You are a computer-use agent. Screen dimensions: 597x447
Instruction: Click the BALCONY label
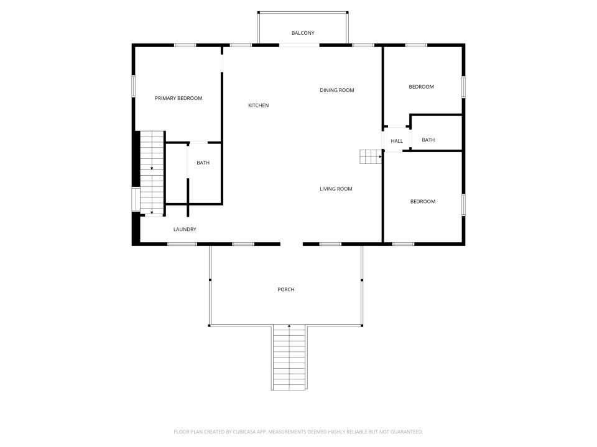click(x=303, y=33)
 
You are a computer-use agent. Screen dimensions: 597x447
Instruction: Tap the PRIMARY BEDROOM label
click(x=178, y=98)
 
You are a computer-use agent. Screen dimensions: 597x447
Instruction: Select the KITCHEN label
click(x=259, y=106)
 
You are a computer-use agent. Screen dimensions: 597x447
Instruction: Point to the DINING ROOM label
click(x=337, y=90)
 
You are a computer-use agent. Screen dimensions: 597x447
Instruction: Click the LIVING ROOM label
click(x=336, y=189)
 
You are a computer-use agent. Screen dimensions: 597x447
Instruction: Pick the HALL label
click(x=397, y=141)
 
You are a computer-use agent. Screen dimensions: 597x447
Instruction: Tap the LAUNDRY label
click(x=185, y=229)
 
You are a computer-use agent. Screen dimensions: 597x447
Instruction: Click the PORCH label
click(x=286, y=289)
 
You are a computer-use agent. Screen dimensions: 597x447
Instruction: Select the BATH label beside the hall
click(x=428, y=140)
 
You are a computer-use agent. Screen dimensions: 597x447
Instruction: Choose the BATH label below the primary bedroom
click(x=203, y=163)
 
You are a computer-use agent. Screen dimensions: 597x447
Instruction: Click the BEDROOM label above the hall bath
click(x=422, y=87)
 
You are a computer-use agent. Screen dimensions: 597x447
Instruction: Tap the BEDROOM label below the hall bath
click(x=423, y=201)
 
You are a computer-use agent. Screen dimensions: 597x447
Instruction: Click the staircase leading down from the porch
click(x=289, y=358)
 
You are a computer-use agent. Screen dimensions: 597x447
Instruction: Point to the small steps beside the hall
click(x=371, y=156)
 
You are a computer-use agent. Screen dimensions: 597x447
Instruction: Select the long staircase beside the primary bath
click(x=152, y=173)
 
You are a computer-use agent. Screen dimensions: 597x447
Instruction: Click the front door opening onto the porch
click(x=292, y=244)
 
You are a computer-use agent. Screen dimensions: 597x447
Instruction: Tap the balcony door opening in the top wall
click(x=299, y=45)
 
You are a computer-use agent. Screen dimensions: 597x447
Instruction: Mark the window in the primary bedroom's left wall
click(x=134, y=86)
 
